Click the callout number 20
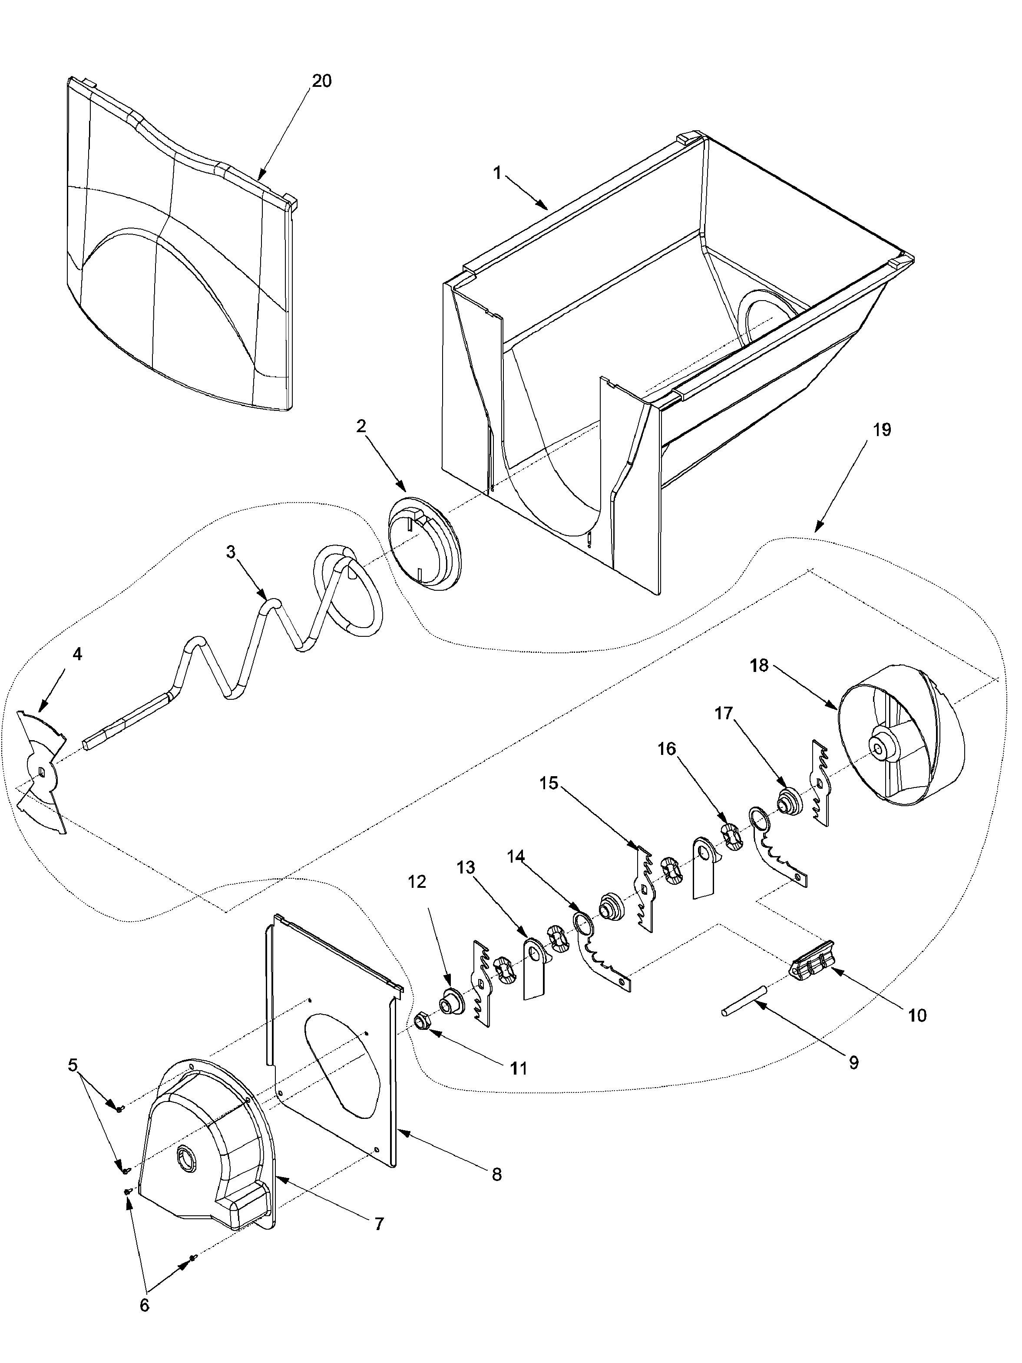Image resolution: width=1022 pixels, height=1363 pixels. pyautogui.click(x=321, y=81)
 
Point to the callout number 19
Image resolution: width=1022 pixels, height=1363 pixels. pyautogui.click(x=882, y=430)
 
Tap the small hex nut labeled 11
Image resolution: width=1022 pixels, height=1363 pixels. pyautogui.click(x=422, y=1023)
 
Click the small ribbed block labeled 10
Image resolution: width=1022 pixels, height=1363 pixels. pyautogui.click(x=812, y=968)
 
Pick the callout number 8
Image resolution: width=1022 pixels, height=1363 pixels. pyautogui.click(x=496, y=1174)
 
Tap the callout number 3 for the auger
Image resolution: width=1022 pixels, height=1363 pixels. pyautogui.click(x=230, y=552)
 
